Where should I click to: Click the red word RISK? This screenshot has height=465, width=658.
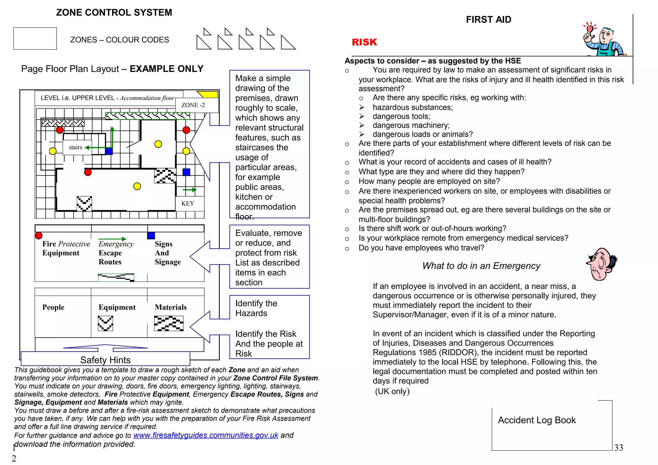[x=364, y=42]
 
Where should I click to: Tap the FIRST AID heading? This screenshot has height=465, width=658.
[x=488, y=20]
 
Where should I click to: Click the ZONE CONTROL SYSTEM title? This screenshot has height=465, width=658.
[x=114, y=13]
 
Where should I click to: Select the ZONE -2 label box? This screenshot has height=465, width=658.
[x=193, y=105]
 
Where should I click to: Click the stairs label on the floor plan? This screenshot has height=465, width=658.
[x=76, y=148]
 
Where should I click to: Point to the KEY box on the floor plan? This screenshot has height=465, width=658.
[x=188, y=203]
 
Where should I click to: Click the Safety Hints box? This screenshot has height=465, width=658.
[x=105, y=360]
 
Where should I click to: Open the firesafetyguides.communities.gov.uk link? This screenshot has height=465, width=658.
[x=206, y=435]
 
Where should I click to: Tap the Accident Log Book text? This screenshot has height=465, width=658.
[x=537, y=420]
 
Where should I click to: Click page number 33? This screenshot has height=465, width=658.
[x=618, y=448]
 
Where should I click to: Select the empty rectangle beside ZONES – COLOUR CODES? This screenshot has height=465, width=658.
[x=35, y=39]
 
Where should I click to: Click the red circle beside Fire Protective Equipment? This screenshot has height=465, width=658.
[x=39, y=236]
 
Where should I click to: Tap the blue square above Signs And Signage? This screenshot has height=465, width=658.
[x=151, y=236]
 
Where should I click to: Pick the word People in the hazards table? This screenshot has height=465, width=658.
[x=53, y=307]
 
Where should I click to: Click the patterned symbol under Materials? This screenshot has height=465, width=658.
[x=169, y=323]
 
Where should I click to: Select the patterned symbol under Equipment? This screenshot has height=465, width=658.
[x=105, y=323]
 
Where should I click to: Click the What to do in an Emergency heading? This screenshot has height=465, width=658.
[x=481, y=266]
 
